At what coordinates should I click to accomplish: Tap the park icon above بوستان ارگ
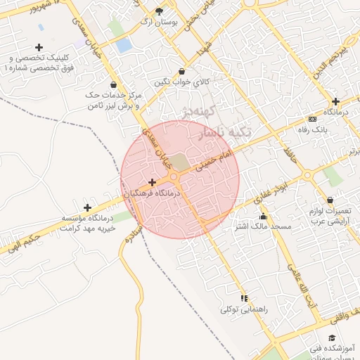pos(158,11)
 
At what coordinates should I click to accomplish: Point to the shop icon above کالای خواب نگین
pos(183,72)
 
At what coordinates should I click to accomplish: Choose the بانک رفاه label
pos(314,129)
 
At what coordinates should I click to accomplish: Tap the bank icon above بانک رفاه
pos(313,118)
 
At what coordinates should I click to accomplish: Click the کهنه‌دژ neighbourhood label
pos(184,111)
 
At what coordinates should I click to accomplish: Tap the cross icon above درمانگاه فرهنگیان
pos(152,182)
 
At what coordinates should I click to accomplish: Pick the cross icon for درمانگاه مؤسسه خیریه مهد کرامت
pos(87,207)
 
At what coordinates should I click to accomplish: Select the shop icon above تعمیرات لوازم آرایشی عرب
pos(330,200)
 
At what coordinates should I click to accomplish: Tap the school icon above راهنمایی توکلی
pos(244,298)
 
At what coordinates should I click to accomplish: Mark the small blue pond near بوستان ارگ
pos(124,46)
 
